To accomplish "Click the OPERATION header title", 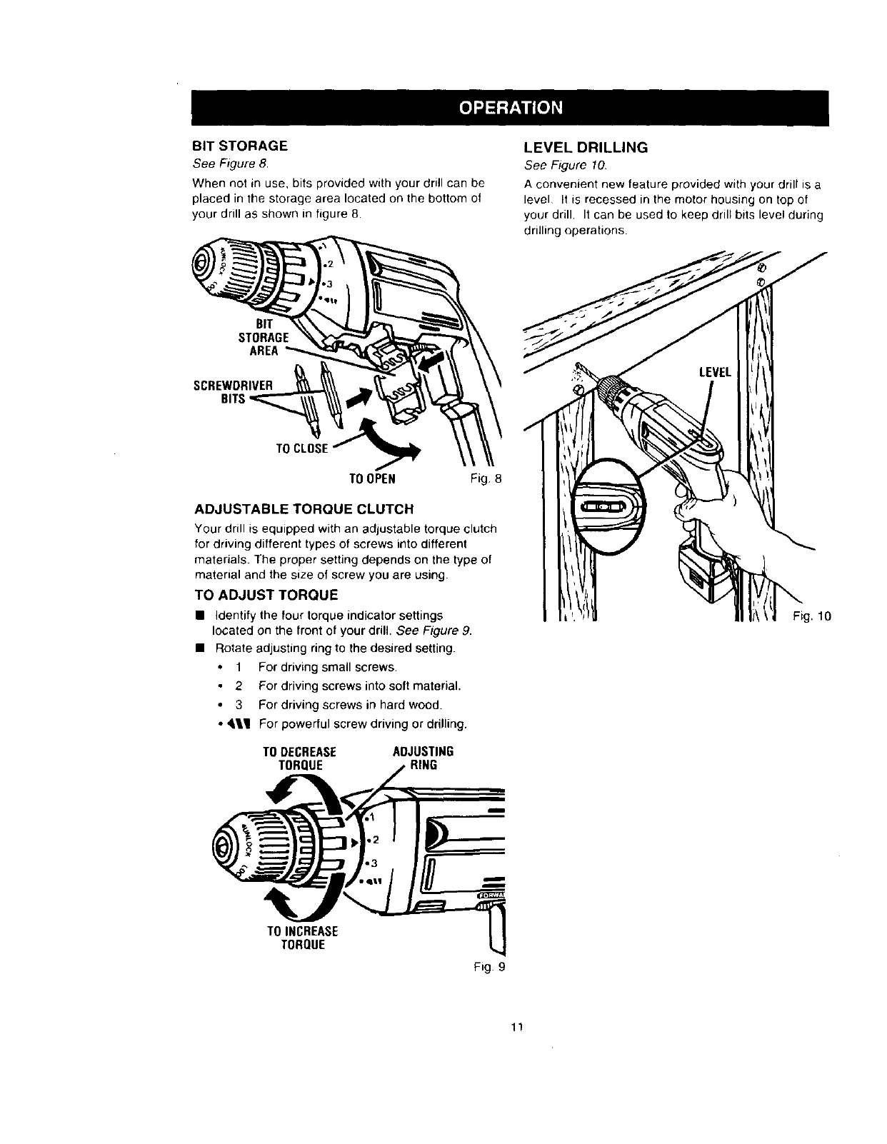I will (511, 108).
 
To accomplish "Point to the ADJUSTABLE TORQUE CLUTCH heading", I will (304, 509).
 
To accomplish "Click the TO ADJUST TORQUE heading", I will (266, 595).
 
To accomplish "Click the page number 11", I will (518, 1028).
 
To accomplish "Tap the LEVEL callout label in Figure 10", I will (716, 372).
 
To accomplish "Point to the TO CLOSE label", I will (302, 448).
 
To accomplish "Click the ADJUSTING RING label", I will (424, 758).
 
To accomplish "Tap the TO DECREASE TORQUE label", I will (299, 758).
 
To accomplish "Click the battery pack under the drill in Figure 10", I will (703, 572).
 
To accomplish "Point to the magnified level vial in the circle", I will (606, 508).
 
